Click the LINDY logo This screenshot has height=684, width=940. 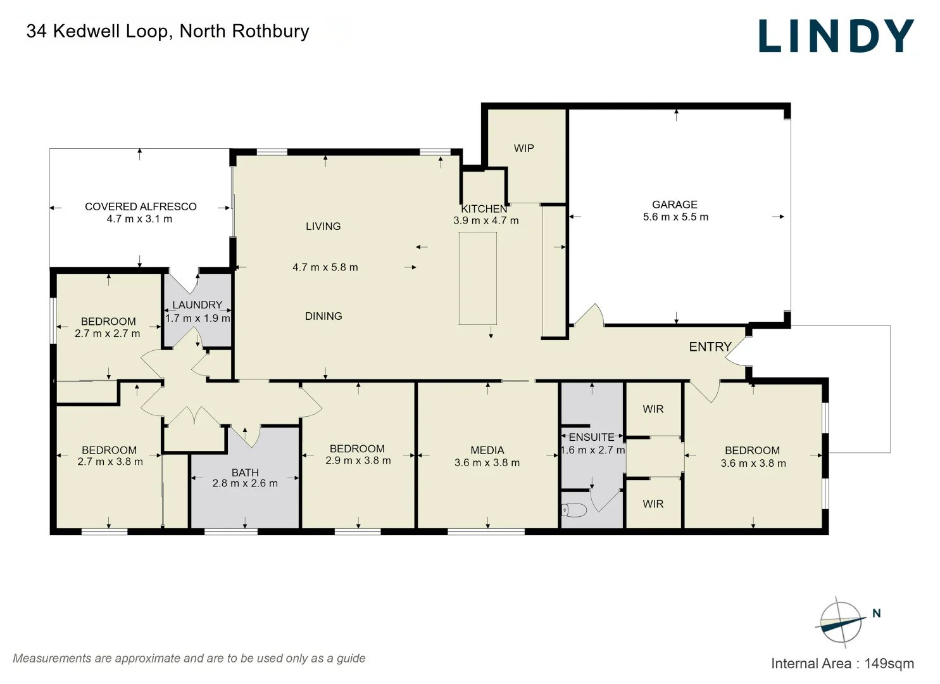click(x=836, y=36)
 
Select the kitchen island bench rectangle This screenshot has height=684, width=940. click(x=477, y=278)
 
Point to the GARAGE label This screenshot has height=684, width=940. click(x=675, y=205)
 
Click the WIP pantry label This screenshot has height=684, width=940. click(x=523, y=148)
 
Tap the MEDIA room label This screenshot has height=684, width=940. click(x=487, y=450)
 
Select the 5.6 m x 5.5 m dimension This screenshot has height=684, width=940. click(x=675, y=217)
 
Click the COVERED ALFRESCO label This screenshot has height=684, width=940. click(x=141, y=206)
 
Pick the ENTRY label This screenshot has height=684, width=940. click(x=710, y=346)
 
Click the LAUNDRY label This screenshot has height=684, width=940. click(x=197, y=305)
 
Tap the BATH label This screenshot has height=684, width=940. click(x=245, y=472)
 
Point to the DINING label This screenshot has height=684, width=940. click(x=323, y=316)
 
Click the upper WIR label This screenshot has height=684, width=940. click(x=653, y=409)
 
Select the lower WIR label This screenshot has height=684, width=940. click(x=653, y=504)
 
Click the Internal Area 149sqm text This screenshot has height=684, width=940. click(x=842, y=663)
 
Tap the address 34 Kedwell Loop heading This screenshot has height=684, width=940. click(x=168, y=31)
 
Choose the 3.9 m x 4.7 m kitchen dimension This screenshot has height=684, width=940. click(x=486, y=221)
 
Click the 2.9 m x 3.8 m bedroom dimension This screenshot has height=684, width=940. click(x=358, y=461)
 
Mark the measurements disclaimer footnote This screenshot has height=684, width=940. click(x=189, y=658)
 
